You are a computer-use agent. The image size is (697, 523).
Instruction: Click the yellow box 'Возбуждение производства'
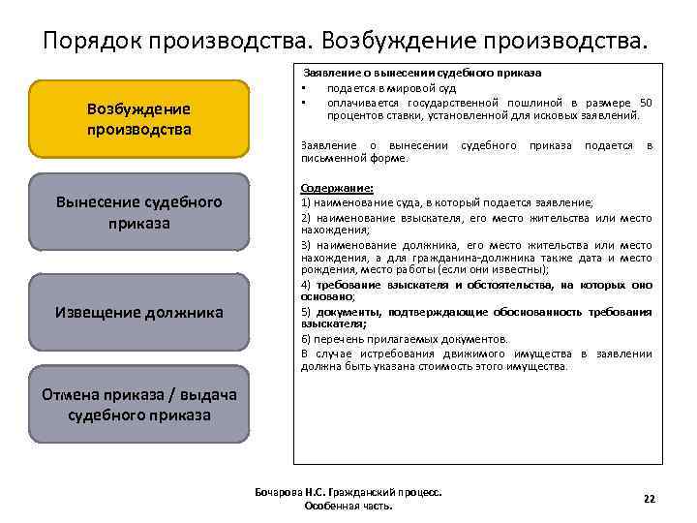pos(139,119)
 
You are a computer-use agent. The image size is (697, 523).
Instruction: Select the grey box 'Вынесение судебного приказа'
pos(139,212)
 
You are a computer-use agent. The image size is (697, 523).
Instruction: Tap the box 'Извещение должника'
pos(139,312)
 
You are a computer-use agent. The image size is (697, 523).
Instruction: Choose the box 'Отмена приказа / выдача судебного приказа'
pos(139,403)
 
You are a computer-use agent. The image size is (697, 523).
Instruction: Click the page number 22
pos(649,499)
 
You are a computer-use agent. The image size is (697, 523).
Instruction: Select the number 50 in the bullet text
pos(646,102)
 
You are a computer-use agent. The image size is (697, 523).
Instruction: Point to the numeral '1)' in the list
pos(306,202)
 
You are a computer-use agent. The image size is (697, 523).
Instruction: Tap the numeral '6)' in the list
pos(306,339)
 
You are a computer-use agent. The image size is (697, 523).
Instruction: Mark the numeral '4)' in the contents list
pos(306,285)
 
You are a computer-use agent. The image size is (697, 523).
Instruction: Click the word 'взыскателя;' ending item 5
pos(331,325)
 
